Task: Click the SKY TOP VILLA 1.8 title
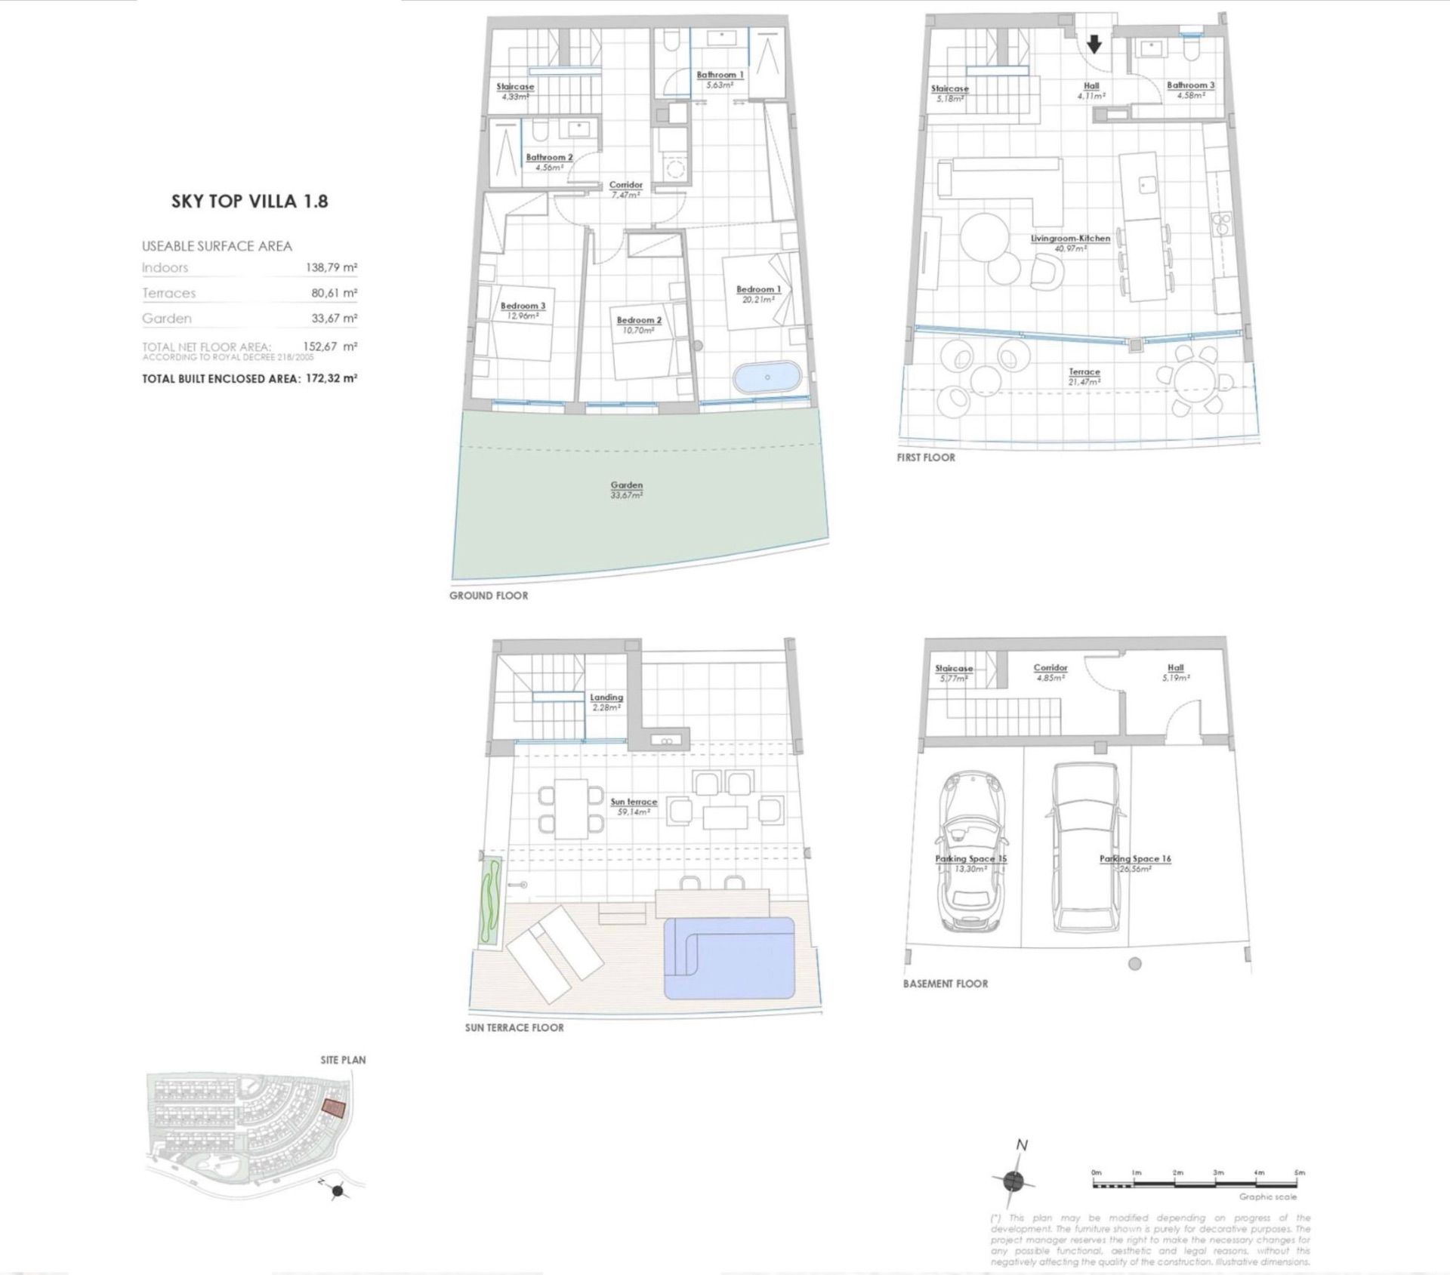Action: (249, 202)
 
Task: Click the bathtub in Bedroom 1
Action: (767, 377)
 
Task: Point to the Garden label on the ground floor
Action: (626, 485)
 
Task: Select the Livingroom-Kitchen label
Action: (1070, 239)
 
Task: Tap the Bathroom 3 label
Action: (1190, 85)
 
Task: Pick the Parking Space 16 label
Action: (1134, 858)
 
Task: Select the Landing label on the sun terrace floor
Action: (606, 698)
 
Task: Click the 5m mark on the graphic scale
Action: (1300, 1173)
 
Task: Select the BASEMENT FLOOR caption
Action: (945, 984)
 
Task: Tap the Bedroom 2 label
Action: (639, 320)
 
